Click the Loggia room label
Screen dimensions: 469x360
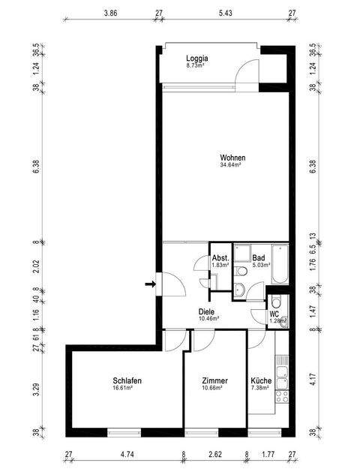[x=197, y=59]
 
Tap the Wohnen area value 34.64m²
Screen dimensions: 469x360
[x=232, y=165]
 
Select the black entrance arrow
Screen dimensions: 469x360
[x=150, y=284]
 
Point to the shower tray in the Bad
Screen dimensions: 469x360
[x=242, y=254]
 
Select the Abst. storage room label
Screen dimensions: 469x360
[x=220, y=257]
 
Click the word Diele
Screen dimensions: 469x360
[x=207, y=311]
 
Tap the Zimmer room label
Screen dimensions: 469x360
[x=215, y=380]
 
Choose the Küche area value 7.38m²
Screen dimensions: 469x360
[x=262, y=389]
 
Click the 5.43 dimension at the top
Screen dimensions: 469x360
[x=225, y=14]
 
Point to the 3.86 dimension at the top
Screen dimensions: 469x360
[x=110, y=14]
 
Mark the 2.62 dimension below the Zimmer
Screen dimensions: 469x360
[x=215, y=454]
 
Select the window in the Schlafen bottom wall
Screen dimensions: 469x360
[x=124, y=432]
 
